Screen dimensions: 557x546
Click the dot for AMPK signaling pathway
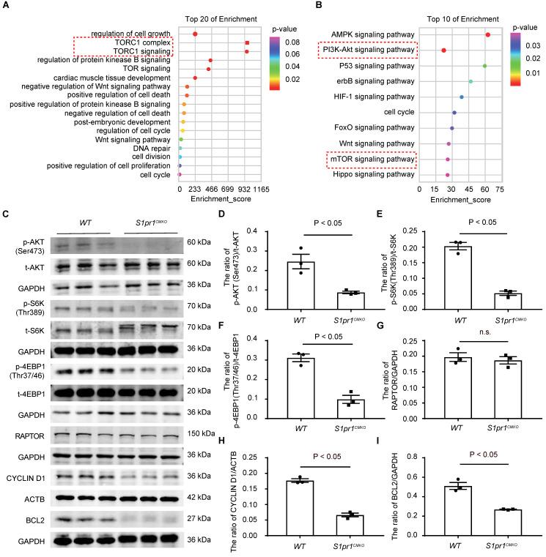[x=487, y=35]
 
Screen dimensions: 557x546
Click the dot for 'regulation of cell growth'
[x=195, y=34]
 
